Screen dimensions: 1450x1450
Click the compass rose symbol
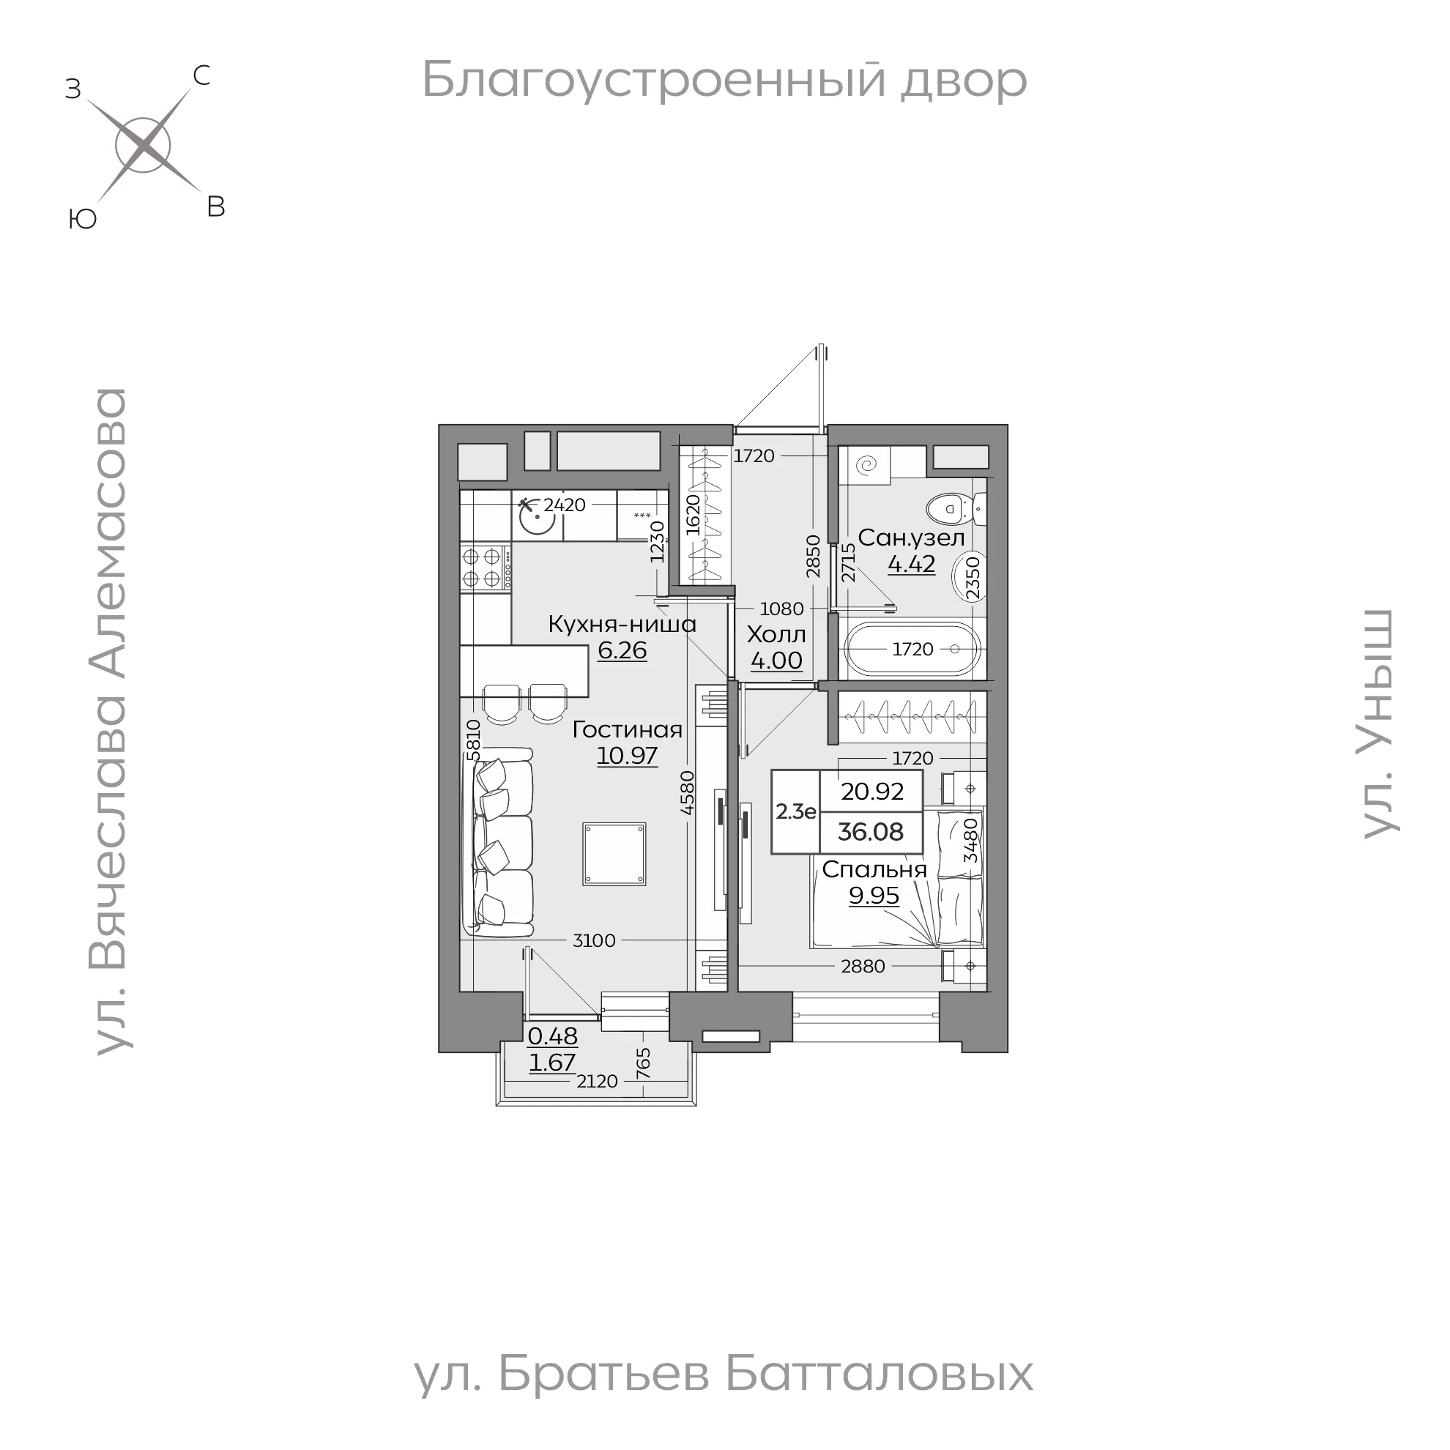143,146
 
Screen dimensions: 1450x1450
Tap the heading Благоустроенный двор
724,80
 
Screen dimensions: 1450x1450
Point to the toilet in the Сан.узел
948,510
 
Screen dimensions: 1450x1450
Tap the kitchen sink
536,518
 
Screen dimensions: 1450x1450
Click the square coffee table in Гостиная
614,854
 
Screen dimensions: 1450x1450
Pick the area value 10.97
628,756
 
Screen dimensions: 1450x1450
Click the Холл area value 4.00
777,661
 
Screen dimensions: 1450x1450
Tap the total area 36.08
871,832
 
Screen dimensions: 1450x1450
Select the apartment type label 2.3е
795,811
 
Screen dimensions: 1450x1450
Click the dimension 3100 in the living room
594,940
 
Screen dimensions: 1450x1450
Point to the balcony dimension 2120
597,1081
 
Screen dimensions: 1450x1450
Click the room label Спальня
874,869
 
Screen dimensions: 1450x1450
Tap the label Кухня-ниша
622,624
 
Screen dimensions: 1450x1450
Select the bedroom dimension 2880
863,966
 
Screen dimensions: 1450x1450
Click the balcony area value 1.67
552,1063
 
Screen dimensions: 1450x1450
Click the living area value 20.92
872,791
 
